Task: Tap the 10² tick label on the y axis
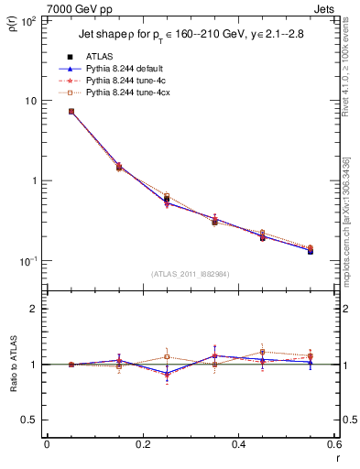tap(29, 20)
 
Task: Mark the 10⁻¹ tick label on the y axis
tap(29, 262)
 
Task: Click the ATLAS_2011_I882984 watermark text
tap(190, 273)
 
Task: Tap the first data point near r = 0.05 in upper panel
tap(71, 112)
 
